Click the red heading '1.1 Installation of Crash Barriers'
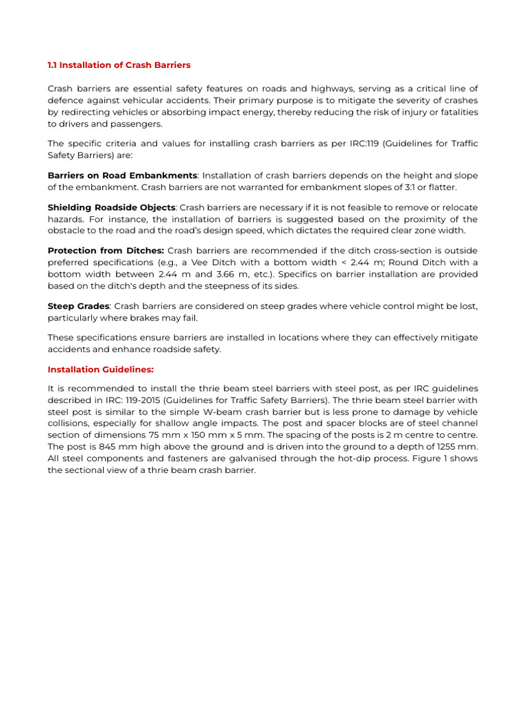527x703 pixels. point(119,65)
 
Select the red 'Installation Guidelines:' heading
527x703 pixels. point(100,369)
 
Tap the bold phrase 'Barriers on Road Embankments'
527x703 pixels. point(122,176)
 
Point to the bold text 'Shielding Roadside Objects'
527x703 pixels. point(111,207)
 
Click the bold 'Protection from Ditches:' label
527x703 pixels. point(106,251)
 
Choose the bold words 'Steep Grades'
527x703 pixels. point(78,306)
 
